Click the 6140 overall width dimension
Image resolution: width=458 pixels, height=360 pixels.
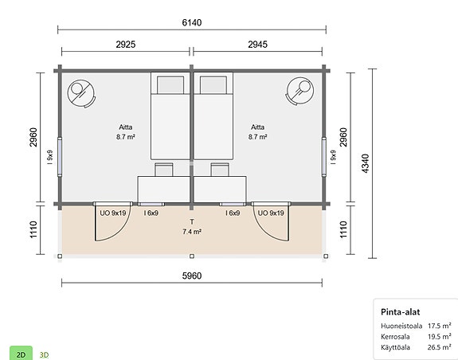pos(192,22)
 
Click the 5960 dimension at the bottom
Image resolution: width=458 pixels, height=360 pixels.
pos(192,276)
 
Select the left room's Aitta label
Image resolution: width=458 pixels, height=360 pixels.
pos(126,127)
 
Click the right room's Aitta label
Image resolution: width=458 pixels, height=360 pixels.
pos(257,127)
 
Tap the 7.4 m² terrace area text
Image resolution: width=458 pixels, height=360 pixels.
pos(192,232)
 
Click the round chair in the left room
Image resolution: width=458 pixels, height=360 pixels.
pos(80,92)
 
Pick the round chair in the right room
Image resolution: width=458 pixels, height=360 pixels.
pos(302,90)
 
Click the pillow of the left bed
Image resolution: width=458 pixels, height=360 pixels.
pos(168,84)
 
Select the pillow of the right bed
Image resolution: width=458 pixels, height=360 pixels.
pos(213,84)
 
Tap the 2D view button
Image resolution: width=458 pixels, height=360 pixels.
pos(21,353)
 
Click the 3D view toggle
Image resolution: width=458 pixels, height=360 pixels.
pos(45,353)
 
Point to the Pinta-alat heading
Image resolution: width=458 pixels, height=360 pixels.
pos(401,312)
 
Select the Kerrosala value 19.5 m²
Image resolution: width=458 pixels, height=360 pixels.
pos(440,337)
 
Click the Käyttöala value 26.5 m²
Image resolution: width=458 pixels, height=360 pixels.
pos(440,347)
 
